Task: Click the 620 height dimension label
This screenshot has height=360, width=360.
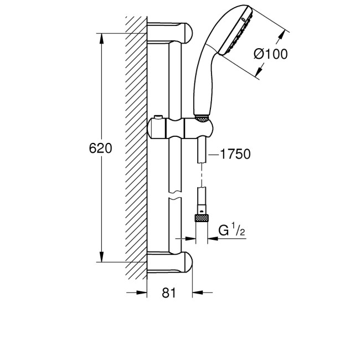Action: pyautogui.click(x=100, y=148)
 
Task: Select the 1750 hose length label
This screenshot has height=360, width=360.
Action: pyautogui.click(x=235, y=155)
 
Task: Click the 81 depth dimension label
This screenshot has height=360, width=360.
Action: pyautogui.click(x=169, y=293)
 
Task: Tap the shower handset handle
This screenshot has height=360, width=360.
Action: pyautogui.click(x=202, y=83)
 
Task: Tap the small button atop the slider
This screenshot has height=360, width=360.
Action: pyautogui.click(x=159, y=117)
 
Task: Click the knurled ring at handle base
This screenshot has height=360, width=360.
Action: pyautogui.click(x=202, y=118)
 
